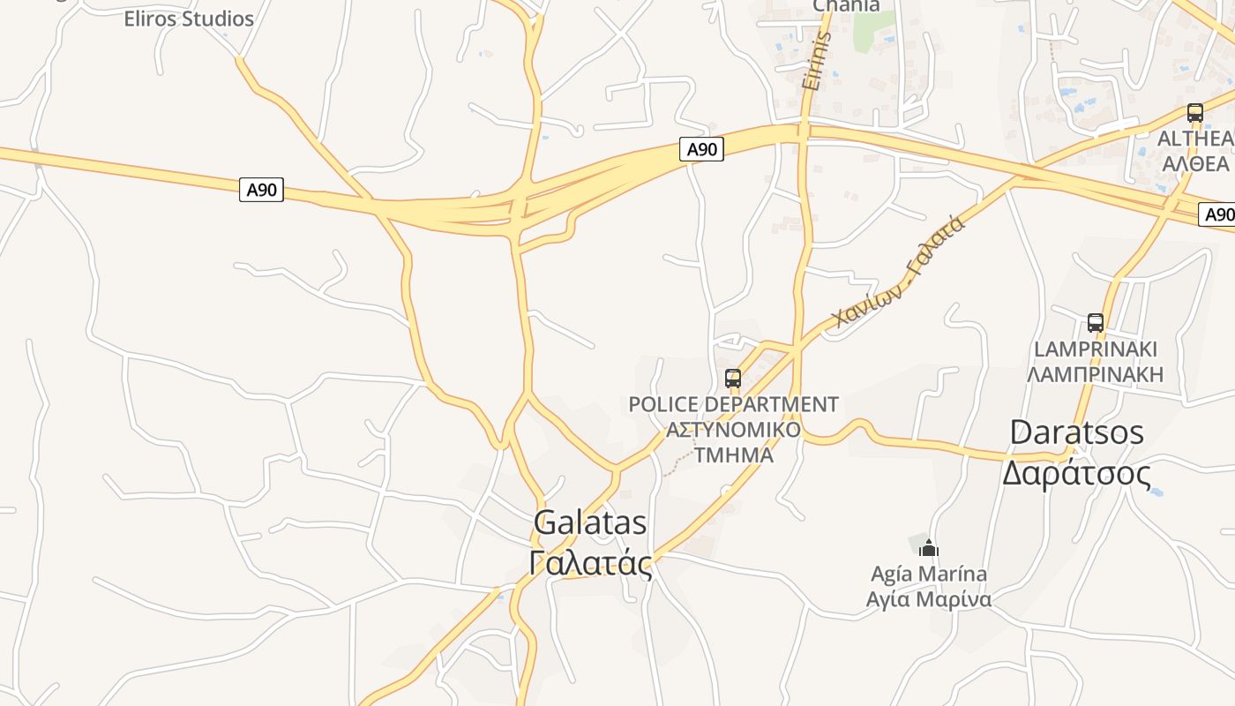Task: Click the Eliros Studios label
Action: click(x=188, y=19)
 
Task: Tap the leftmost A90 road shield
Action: click(x=261, y=190)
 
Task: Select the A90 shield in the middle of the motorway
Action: click(x=702, y=149)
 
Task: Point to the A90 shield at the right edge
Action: click(x=1217, y=214)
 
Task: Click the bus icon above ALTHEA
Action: click(x=1195, y=113)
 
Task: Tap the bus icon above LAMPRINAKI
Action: click(x=1096, y=323)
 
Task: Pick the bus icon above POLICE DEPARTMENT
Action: click(x=733, y=379)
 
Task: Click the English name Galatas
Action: click(x=590, y=522)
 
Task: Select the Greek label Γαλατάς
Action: click(x=591, y=563)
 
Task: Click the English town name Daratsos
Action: click(x=1077, y=432)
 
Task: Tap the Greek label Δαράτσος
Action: click(x=1077, y=474)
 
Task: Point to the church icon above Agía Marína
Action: click(x=928, y=548)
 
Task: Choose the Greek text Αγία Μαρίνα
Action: click(x=929, y=599)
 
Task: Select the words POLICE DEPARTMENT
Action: click(x=733, y=404)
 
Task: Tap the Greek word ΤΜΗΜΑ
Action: click(x=734, y=455)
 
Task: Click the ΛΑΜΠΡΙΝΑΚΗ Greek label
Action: click(x=1096, y=374)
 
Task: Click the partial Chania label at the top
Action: click(x=846, y=6)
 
